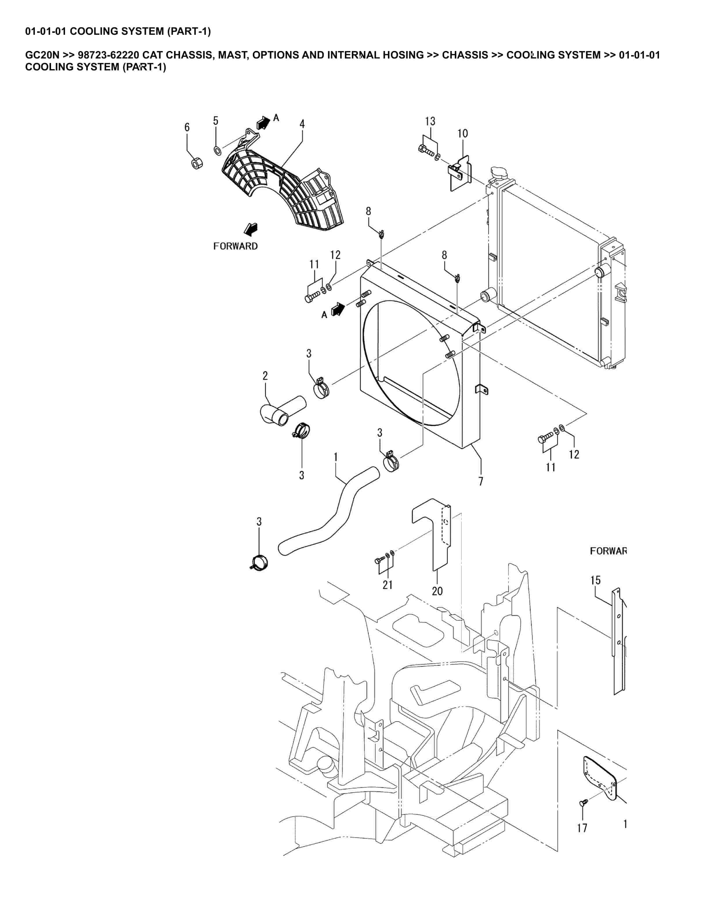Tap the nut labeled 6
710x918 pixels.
pos(195,163)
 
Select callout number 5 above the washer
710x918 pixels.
pos(215,121)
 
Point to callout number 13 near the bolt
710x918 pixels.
pos(430,121)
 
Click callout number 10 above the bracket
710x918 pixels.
pos(462,134)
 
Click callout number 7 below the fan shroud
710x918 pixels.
pos(481,481)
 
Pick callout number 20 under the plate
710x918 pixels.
pos(437,591)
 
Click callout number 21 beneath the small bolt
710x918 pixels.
pos(387,585)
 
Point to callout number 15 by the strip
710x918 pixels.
pos(595,580)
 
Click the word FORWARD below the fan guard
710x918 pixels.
pos(235,246)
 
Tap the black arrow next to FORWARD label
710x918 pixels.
pos(251,230)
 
